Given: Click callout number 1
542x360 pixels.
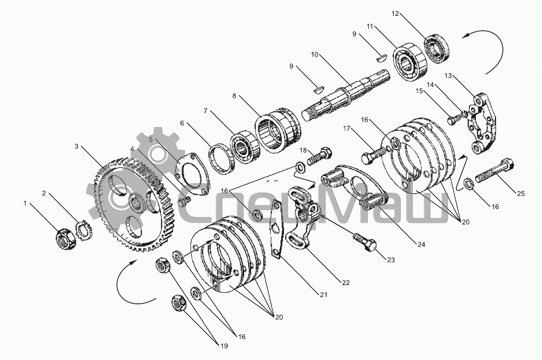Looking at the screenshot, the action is [x=25, y=203].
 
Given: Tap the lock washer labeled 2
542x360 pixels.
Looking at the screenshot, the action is [x=84, y=230].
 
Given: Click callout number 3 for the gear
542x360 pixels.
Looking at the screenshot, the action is [x=76, y=146].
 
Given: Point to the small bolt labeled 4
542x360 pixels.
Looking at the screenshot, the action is [x=184, y=201].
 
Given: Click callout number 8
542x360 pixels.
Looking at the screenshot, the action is [x=234, y=96].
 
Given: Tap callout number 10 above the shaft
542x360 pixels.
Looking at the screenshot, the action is [x=314, y=55].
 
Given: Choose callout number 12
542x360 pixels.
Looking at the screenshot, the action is [x=395, y=13].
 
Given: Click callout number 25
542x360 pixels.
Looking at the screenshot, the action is [x=521, y=194].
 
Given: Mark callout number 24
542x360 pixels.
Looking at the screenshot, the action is [x=421, y=245].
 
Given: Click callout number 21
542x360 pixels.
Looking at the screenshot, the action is [x=323, y=295].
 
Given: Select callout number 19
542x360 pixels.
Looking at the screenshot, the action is [x=224, y=346].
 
